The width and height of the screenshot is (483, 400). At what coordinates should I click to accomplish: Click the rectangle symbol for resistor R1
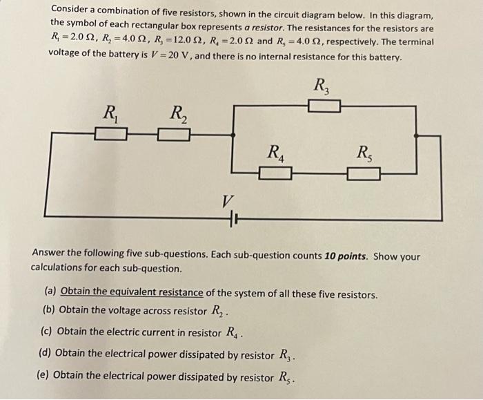(110, 133)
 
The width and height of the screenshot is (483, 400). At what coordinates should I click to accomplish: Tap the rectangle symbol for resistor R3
(324, 106)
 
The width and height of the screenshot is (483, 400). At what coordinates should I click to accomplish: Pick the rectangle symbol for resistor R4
(276, 172)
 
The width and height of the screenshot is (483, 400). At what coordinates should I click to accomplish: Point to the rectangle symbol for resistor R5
(364, 173)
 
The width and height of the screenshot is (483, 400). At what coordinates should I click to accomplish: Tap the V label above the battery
(226, 201)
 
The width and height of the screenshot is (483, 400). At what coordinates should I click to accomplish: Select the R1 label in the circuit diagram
(110, 112)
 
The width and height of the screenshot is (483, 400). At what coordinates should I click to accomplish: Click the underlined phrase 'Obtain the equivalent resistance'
(132, 294)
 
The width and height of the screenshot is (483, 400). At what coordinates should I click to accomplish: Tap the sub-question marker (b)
(49, 309)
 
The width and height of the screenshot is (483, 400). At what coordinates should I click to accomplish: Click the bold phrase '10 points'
(346, 256)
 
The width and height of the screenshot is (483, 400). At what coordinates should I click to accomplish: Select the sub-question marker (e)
(43, 376)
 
